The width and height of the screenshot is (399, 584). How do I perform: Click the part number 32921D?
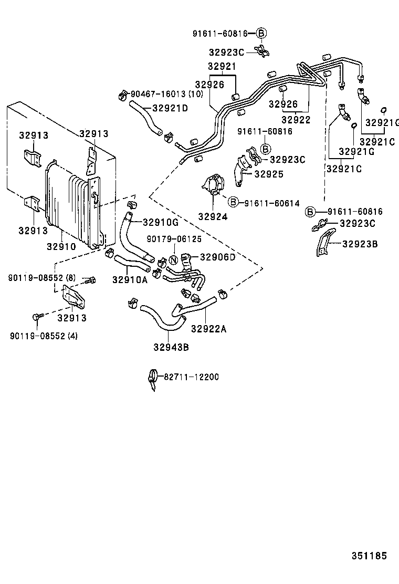point(170,108)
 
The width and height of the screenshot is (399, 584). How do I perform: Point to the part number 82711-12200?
point(191,377)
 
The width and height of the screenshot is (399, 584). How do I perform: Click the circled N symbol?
point(173,259)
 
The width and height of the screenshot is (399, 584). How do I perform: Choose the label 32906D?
point(217,257)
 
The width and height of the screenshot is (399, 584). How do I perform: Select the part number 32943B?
point(171,346)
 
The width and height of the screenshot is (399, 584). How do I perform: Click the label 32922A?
point(208,329)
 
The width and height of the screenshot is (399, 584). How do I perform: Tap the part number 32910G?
point(161,222)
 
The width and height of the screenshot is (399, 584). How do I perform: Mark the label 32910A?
point(129,280)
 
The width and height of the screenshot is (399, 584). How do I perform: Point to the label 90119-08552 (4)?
point(44,336)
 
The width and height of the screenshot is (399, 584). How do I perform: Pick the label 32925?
point(269,174)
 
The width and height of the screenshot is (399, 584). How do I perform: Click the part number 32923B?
point(361,244)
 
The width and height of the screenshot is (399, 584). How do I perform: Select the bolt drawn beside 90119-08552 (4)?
point(37,316)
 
